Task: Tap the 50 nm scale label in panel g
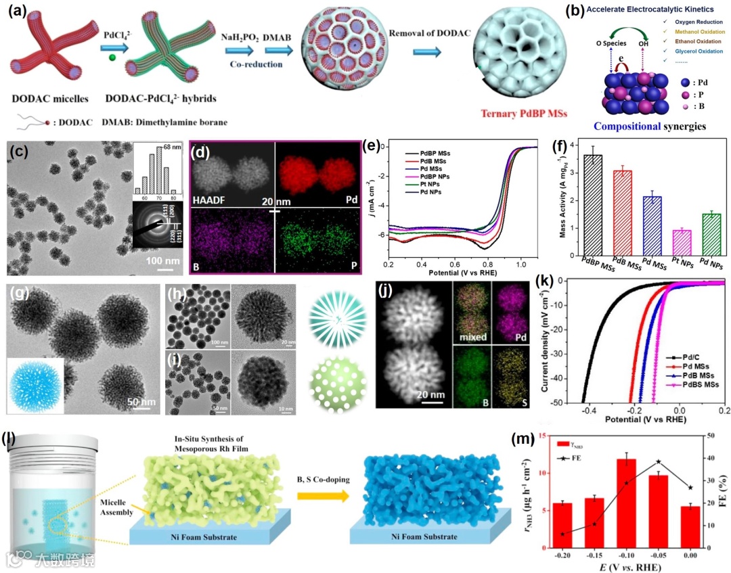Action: point(140,403)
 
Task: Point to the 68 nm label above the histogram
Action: point(173,148)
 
